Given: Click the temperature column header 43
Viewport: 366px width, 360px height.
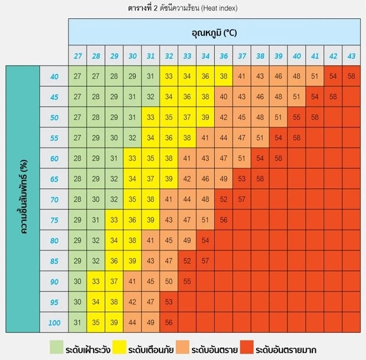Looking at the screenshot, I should click(351, 56).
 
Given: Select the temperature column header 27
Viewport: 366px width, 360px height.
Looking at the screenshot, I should click(77, 56).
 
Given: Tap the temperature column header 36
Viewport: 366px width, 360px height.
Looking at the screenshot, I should click(223, 56).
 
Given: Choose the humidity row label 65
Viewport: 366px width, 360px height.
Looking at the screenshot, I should click(54, 179).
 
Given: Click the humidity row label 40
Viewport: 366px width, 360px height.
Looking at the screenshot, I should click(54, 77).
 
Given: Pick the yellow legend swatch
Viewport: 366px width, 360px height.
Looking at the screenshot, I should click(118, 348).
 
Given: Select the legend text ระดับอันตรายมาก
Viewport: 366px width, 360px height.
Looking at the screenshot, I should click(289, 349).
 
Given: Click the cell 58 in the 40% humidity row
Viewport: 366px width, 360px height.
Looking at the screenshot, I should click(351, 76).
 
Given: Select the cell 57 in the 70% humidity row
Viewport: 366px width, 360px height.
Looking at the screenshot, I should click(241, 199).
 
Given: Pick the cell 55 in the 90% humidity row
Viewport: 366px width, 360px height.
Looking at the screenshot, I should click(187, 282).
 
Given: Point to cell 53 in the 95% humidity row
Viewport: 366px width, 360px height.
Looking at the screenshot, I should click(169, 302).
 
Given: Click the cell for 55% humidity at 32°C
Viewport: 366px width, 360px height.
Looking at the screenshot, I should click(169, 138).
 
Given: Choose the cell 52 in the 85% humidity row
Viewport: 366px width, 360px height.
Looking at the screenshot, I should click(187, 261).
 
